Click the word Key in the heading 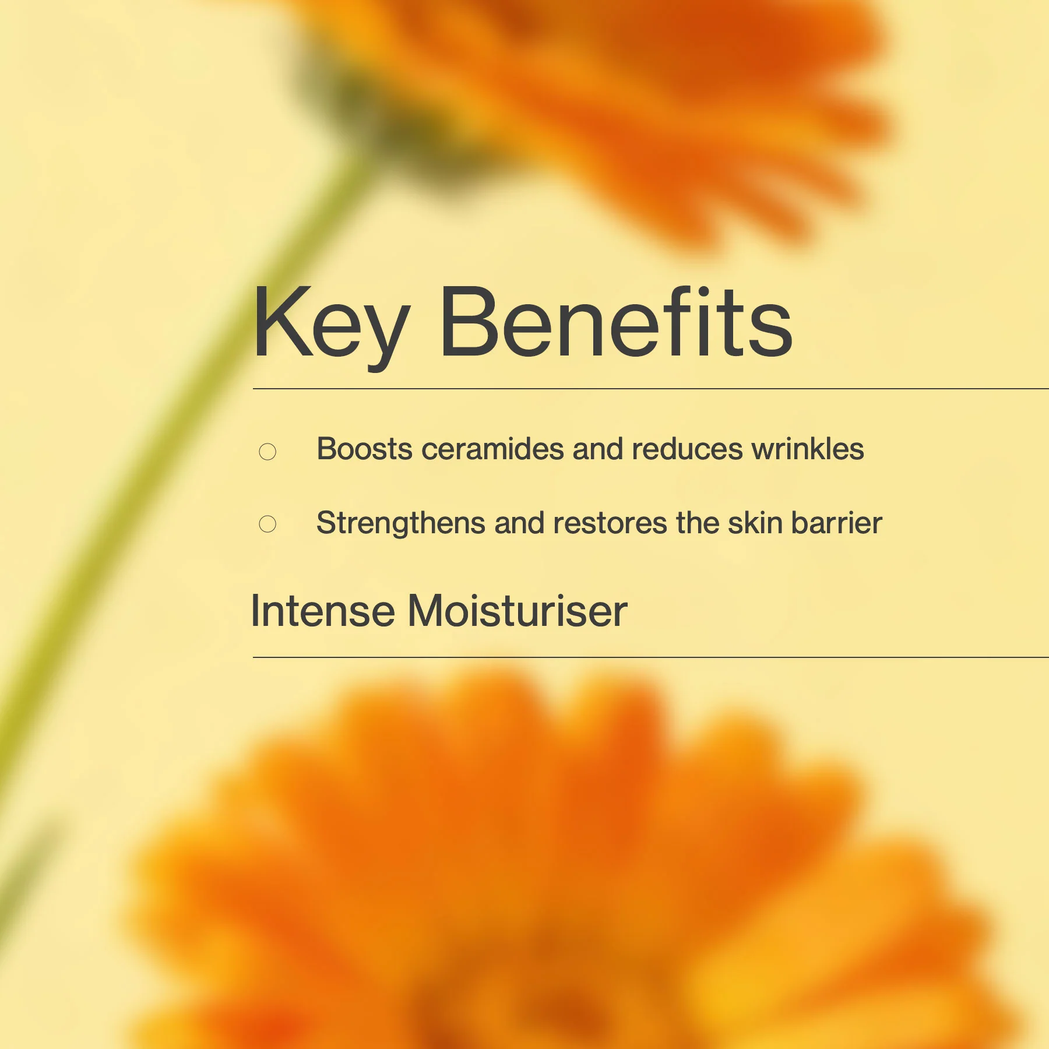click(330, 324)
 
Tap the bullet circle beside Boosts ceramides click(267, 452)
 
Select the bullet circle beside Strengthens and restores click(267, 524)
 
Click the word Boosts click(365, 449)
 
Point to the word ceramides click(493, 449)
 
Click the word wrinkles click(808, 449)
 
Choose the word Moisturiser click(518, 611)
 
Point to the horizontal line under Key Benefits click(641, 389)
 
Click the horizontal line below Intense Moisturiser click(641, 657)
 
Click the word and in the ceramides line click(598, 449)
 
